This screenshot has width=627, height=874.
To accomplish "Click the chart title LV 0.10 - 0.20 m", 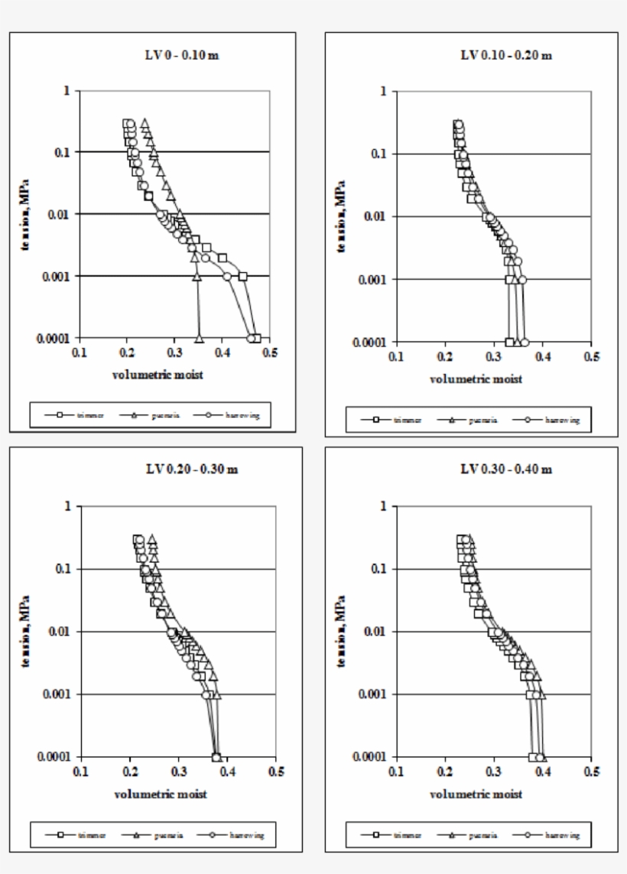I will coord(505,55).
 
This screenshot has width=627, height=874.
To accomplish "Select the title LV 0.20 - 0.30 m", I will coord(191,469).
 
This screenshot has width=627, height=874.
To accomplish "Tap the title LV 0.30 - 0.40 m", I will coord(505,469).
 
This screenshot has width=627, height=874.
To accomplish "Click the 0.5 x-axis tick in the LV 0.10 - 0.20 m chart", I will coord(590,356).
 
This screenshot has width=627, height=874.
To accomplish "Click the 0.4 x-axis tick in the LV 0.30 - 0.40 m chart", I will coord(542,772).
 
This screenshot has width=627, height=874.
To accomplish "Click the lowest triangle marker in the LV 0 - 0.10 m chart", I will coord(200,337).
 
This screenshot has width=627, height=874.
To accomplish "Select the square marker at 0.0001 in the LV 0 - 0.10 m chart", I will coord(256,338).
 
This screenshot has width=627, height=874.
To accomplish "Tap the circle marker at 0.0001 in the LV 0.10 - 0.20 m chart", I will coord(525,342).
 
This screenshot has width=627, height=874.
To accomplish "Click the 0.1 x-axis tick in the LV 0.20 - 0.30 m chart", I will coord(81,772).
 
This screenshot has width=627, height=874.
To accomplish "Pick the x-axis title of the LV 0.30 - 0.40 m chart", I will coord(476,794).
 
